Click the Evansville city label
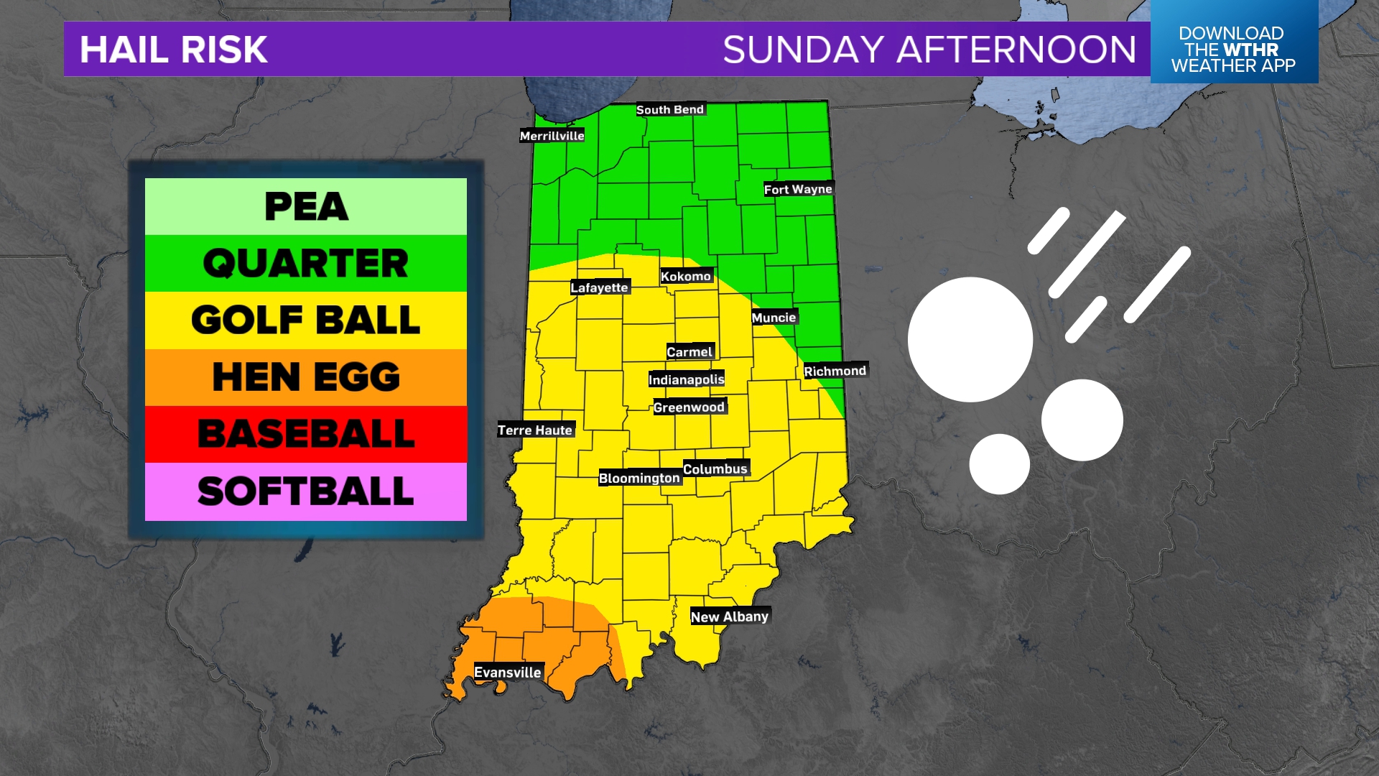[x=507, y=673]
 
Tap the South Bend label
[x=669, y=109]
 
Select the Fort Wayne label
[x=797, y=189]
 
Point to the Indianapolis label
[x=686, y=379]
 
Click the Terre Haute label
[x=535, y=430]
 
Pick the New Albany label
[x=729, y=616]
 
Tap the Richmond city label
[x=835, y=371]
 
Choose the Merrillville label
[x=552, y=136]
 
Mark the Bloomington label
[x=639, y=478]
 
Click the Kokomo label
[x=685, y=277]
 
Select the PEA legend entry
[x=306, y=207]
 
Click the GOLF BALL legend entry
[x=306, y=320]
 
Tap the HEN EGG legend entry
[x=306, y=377]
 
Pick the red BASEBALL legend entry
[x=306, y=434]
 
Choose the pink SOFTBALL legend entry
[x=306, y=491]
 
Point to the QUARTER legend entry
[x=306, y=263]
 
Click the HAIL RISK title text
[x=174, y=50]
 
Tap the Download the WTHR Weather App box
[x=1233, y=49]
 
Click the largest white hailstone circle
[x=970, y=339]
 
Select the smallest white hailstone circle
[x=999, y=463]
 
